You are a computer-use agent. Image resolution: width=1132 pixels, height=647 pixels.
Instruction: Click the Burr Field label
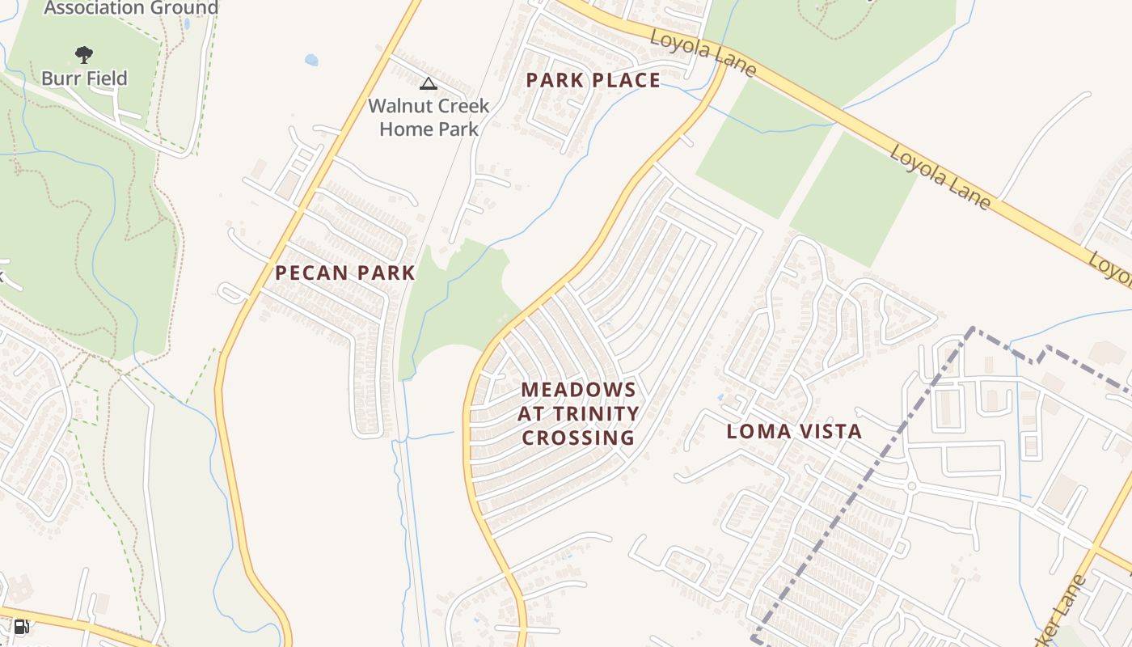84,78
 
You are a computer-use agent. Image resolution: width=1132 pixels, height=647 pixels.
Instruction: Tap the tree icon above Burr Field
83,55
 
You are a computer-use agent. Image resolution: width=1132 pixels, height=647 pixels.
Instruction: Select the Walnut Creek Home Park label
429,117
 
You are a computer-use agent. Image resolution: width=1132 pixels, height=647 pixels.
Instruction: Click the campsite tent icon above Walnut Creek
429,83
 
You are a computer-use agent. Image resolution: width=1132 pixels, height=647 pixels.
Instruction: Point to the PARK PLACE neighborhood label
593,80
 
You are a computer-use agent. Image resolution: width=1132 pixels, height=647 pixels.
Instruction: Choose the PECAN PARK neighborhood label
345,273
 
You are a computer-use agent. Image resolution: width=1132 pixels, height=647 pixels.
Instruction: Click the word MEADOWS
578,390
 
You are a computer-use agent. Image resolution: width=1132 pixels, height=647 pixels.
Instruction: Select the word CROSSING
578,438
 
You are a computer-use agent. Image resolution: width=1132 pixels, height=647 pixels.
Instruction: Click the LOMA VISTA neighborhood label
794,431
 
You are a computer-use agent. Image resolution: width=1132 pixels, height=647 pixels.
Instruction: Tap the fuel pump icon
22,627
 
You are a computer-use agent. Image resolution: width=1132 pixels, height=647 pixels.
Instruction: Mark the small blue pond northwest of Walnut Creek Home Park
311,60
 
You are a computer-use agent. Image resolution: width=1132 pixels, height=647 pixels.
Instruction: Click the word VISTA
827,431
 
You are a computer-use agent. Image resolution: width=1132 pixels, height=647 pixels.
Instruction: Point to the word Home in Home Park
405,129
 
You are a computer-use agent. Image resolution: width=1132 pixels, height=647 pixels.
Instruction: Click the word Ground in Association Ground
185,8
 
